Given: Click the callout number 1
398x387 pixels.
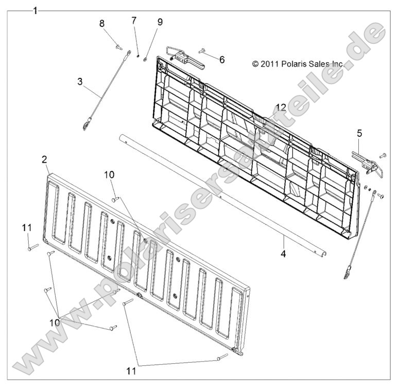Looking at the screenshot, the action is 36,11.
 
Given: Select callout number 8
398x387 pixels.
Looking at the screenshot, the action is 102,24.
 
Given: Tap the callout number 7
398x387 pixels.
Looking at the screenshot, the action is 134,20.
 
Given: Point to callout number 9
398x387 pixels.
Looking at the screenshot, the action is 160,22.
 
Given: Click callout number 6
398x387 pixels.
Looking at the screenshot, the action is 222,60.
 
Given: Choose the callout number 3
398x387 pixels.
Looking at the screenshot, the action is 80,82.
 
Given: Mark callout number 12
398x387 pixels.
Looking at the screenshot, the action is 281,108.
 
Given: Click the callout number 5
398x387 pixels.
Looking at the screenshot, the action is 360,133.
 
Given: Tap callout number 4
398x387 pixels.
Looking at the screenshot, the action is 283,254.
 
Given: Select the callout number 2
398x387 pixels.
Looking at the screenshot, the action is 44,160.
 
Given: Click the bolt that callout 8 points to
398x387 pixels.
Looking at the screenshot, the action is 119,47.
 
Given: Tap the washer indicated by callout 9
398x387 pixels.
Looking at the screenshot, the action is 145,59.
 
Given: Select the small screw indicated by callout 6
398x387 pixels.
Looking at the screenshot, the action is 201,51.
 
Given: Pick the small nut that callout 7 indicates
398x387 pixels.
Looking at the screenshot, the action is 139,56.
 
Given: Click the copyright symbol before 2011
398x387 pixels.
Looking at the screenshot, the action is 255,64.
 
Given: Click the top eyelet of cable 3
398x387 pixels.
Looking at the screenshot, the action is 129,53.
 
